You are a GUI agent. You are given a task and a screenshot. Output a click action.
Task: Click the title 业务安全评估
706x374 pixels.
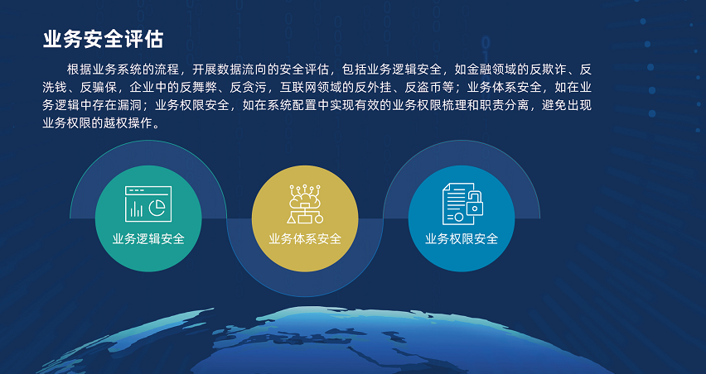click(103, 39)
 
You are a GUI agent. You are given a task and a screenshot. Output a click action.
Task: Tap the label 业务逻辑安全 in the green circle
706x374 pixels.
click(148, 238)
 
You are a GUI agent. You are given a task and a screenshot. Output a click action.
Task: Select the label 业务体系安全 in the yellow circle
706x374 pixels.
click(305, 238)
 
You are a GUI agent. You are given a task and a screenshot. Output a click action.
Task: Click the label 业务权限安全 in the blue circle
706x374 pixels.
click(462, 238)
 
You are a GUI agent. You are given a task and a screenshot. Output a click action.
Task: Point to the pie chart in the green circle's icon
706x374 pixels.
click(157, 207)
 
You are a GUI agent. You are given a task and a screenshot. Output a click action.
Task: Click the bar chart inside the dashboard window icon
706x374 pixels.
click(137, 209)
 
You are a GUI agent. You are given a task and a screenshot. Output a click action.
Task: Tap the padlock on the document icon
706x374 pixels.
click(475, 204)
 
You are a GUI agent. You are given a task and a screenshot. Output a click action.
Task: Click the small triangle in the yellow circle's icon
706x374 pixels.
click(293, 219)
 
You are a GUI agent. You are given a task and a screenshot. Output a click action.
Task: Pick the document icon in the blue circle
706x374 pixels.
click(459, 204)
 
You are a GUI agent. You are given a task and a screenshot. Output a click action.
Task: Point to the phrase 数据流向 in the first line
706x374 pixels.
click(242, 70)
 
